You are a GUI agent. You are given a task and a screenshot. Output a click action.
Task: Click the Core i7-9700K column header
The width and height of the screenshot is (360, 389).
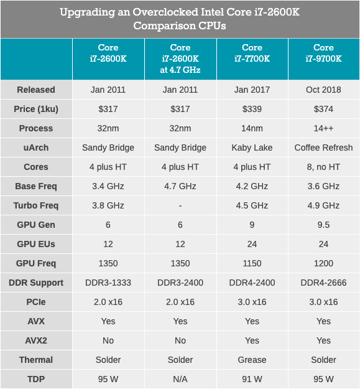(x=323, y=54)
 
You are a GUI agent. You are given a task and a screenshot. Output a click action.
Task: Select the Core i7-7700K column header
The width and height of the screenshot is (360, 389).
(x=252, y=54)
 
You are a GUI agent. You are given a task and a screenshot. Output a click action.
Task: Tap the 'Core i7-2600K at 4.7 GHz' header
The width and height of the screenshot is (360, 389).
(x=180, y=59)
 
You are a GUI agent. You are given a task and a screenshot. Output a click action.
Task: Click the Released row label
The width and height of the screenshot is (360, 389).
(x=36, y=90)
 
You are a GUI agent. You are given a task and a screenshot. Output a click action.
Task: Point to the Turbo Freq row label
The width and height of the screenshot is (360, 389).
(x=36, y=205)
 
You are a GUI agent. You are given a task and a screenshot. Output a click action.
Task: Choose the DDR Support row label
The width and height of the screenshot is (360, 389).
(x=36, y=283)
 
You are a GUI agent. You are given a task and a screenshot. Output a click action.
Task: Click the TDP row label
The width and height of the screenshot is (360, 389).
(x=36, y=379)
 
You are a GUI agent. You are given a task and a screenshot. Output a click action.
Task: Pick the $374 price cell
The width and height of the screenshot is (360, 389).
(x=323, y=109)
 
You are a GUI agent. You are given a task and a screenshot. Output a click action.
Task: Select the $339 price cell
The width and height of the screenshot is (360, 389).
(x=252, y=109)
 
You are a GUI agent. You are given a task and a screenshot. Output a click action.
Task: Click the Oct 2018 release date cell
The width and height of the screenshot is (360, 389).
(x=323, y=90)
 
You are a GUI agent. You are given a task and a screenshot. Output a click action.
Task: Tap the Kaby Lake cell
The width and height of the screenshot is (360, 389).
(x=252, y=148)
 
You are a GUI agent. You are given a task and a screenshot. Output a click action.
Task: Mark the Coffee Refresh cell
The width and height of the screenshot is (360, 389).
(x=323, y=148)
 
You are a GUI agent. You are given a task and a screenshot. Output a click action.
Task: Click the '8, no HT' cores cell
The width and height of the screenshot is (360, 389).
(x=323, y=167)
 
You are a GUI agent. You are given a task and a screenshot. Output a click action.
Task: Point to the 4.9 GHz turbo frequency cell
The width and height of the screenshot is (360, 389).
(x=323, y=205)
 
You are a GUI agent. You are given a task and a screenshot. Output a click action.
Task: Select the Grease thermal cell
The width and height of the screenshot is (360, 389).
(x=252, y=360)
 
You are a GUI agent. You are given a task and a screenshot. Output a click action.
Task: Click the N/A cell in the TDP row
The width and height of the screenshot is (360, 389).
(x=180, y=379)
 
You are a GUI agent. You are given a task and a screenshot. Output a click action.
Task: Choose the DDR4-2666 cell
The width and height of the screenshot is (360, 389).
(x=323, y=283)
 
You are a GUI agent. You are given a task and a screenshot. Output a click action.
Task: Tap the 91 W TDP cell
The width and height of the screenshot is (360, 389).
(x=252, y=379)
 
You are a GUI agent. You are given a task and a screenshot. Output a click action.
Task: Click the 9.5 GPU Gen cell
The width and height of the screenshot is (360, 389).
(x=323, y=225)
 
